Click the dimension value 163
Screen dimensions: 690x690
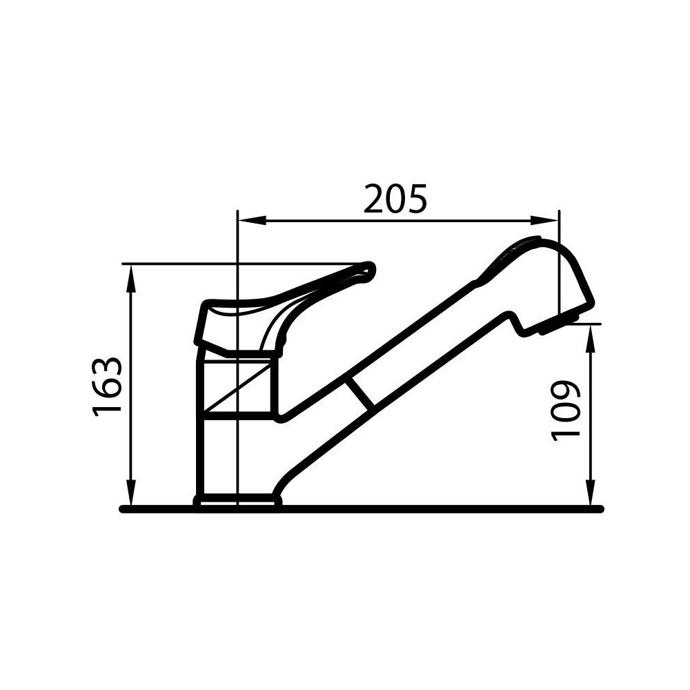click(x=108, y=387)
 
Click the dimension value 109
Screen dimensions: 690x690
click(x=566, y=410)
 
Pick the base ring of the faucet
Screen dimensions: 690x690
click(x=237, y=502)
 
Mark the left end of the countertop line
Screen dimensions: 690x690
click(x=123, y=509)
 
